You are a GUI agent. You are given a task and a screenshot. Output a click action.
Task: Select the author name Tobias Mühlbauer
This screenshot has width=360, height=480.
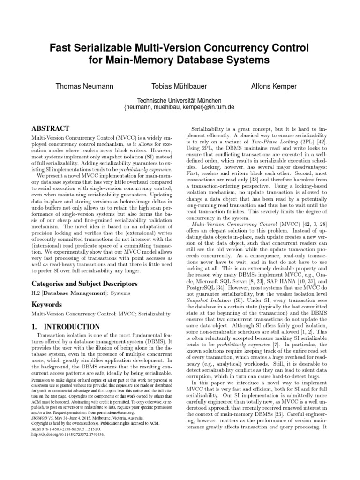coord(179,87)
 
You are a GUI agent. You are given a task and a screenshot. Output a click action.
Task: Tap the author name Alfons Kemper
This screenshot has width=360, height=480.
coord(274,87)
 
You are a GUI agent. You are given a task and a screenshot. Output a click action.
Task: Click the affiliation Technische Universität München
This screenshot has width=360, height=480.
coord(179,100)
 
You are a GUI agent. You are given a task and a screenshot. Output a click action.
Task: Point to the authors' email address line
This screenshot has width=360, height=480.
coord(179,107)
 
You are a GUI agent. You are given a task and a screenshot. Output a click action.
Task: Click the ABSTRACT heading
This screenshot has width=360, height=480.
coord(50,128)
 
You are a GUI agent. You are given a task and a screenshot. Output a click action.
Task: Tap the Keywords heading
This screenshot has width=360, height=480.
coord(47,305)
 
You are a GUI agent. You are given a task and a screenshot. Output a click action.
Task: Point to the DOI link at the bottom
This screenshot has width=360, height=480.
coord(68,434)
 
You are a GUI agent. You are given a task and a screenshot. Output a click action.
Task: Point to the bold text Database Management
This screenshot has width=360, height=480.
coord(71,293)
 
